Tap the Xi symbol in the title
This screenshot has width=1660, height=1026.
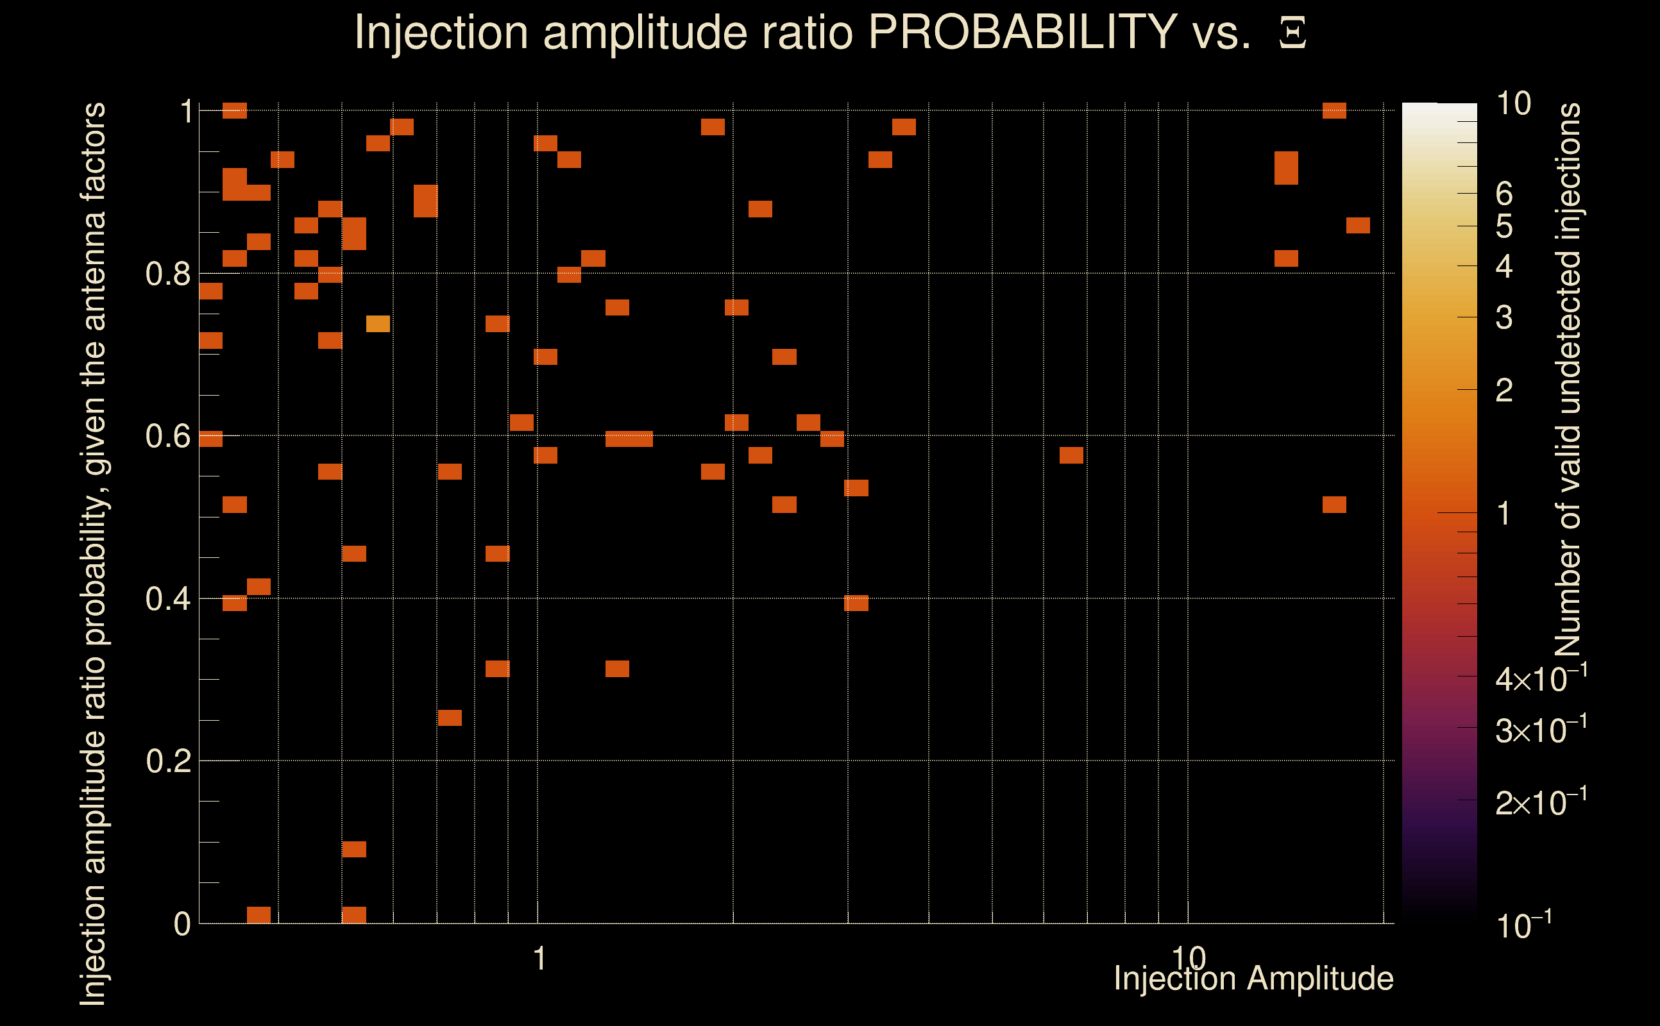[x=1292, y=33]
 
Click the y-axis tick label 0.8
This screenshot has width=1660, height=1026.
[x=167, y=274]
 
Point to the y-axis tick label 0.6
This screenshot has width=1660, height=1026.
[x=167, y=436]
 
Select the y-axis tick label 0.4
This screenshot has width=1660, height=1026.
[x=167, y=599]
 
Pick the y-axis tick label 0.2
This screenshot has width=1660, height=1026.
[x=167, y=761]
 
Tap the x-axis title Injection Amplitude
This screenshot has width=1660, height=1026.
[x=1253, y=979]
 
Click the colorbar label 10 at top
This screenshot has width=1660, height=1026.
[x=1513, y=104]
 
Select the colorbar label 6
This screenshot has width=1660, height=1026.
[x=1504, y=194]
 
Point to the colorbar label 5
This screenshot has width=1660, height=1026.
[x=1504, y=226]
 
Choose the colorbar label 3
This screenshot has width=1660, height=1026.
[x=1504, y=317]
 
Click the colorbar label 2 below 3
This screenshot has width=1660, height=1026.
[x=1504, y=390]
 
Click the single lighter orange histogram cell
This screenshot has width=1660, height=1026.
[x=378, y=324]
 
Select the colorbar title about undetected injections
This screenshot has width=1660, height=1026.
[x=1568, y=380]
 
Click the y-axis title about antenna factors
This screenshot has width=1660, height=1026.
[x=93, y=553]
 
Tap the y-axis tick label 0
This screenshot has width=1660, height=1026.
[x=182, y=924]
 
